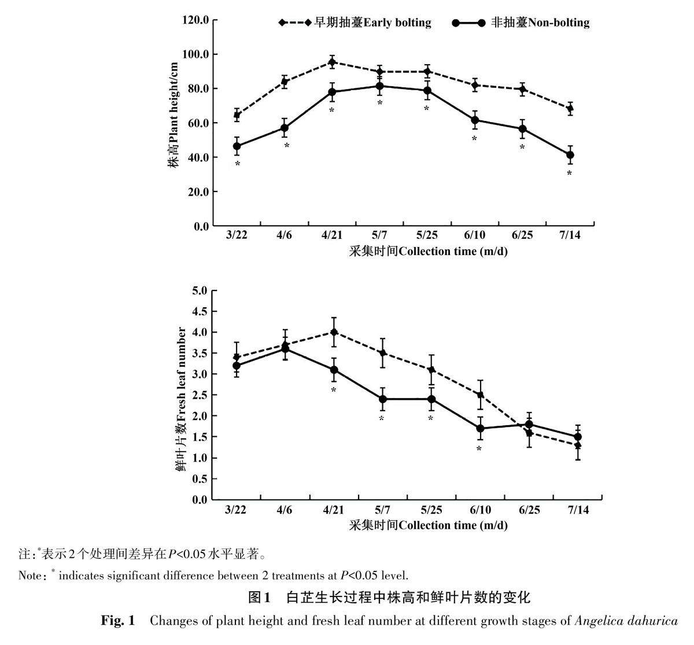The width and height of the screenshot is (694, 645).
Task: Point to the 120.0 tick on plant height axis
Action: (x=195, y=20)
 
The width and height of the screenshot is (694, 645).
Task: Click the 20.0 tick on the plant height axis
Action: (x=195, y=191)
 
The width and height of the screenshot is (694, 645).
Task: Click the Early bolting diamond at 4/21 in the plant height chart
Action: (x=332, y=62)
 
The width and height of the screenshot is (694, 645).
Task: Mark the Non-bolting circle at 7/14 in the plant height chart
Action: (x=570, y=155)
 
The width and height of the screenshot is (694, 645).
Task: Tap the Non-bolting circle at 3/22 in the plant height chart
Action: (x=237, y=146)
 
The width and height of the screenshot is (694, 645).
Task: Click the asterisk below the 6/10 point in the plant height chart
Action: (x=474, y=139)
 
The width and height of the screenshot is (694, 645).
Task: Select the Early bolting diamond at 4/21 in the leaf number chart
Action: (x=334, y=332)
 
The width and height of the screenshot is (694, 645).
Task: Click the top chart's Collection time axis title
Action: (x=428, y=251)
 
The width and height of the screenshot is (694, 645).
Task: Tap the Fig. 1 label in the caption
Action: (x=118, y=621)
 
